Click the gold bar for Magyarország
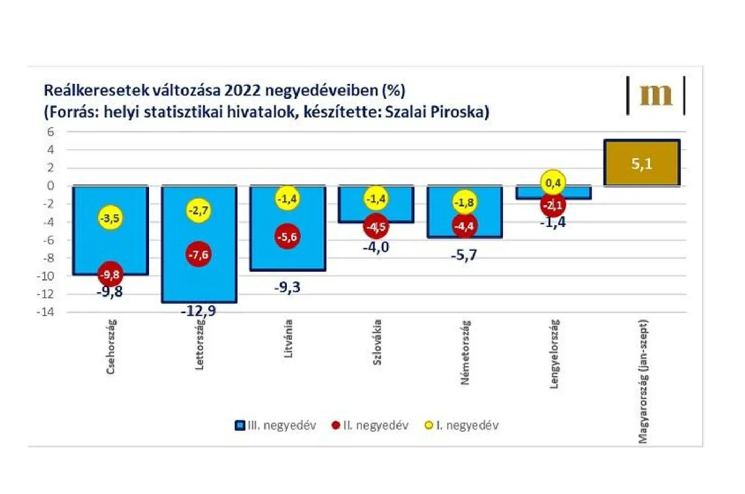click(642, 163)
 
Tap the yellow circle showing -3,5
click(110, 218)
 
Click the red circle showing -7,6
click(199, 253)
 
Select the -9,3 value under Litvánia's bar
click(287, 288)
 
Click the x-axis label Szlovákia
click(377, 353)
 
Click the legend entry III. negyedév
click(277, 426)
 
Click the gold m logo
click(656, 95)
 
